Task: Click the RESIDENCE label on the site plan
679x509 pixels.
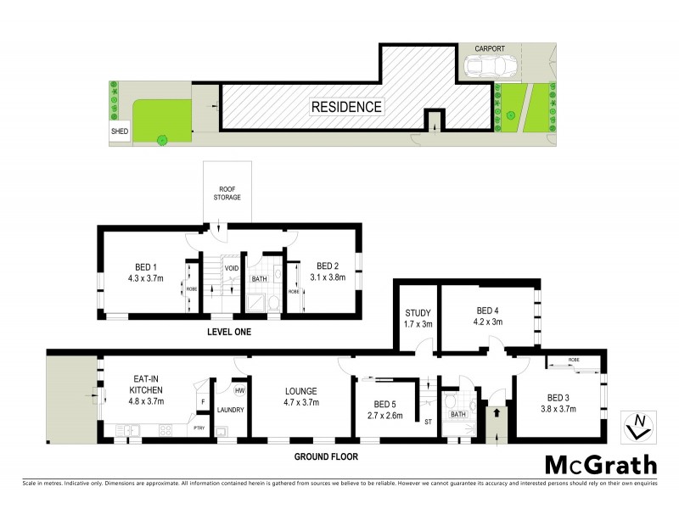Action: pyautogui.click(x=346, y=107)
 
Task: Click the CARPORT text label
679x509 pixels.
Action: pyautogui.click(x=490, y=48)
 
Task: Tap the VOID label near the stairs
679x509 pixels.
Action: pyautogui.click(x=231, y=269)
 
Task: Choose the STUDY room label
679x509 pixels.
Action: pyautogui.click(x=418, y=312)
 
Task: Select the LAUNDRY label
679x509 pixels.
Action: pyautogui.click(x=230, y=410)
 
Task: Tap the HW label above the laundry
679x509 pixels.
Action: pyautogui.click(x=239, y=391)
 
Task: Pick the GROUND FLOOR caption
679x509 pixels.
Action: pyautogui.click(x=327, y=456)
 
